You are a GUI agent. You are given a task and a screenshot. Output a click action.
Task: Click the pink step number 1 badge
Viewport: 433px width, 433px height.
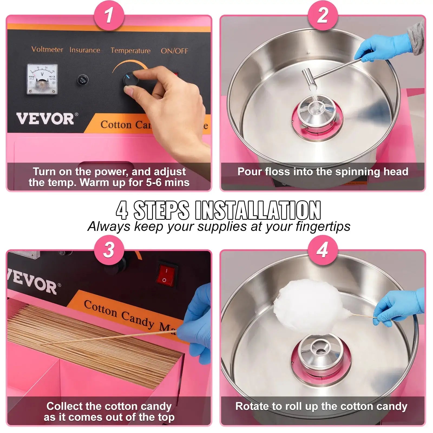pos(109,15)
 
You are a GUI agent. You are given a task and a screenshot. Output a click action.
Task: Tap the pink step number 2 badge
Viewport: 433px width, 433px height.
pos(323,15)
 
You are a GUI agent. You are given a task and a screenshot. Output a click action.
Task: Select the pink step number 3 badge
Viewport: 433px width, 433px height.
pos(109,250)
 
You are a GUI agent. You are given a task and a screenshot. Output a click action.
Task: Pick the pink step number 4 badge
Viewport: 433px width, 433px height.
pos(323,250)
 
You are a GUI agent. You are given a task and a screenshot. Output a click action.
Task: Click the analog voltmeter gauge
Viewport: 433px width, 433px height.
pos(42,79)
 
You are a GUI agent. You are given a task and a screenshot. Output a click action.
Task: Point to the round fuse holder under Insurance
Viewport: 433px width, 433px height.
pos(83,80)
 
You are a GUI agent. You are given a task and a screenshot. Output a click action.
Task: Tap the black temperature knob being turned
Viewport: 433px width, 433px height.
pos(131,79)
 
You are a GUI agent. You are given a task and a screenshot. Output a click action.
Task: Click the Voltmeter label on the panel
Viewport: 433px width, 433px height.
pos(47,50)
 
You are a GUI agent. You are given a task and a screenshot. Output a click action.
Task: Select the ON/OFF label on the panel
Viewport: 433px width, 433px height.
pos(174,51)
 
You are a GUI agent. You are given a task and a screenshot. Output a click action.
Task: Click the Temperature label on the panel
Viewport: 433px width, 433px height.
pos(130,51)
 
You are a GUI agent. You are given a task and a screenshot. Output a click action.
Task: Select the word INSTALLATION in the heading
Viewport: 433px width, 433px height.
pos(258,210)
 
